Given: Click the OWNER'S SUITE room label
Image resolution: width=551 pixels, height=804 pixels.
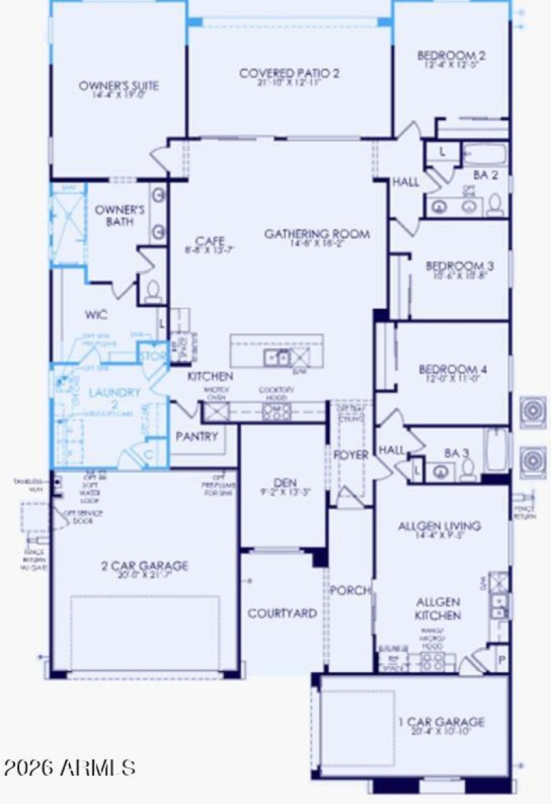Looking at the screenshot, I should point(118,86).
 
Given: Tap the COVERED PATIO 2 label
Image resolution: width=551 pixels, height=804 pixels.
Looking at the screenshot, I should point(289,73).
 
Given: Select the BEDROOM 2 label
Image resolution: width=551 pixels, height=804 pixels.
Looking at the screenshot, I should point(451,56).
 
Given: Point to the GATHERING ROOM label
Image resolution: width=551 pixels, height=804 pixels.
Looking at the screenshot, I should point(317,234).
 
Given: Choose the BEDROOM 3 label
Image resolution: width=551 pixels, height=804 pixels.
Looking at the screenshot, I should point(459,266).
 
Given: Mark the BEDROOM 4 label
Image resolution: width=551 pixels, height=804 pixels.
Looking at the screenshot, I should point(453,370).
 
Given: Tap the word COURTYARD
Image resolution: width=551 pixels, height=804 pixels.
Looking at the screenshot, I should point(282,613).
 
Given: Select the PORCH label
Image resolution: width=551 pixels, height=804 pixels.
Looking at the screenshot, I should point(351,591).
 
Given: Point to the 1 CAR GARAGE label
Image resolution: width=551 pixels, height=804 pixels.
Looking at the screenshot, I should point(441,722).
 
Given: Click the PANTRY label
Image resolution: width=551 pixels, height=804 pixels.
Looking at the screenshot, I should point(197,436).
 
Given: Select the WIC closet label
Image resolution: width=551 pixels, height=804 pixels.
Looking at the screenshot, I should point(95,315).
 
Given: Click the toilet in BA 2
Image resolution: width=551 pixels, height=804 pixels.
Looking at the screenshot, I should point(495,205).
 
